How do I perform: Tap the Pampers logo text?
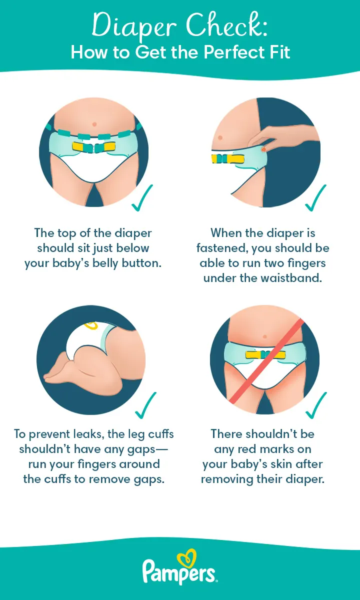click(179, 571)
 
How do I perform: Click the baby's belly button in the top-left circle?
click(93, 123)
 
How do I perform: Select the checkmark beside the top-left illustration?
click(142, 198)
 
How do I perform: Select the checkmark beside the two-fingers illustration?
click(315, 198)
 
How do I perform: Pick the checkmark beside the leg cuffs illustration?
click(145, 405)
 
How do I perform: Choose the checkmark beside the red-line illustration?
click(315, 405)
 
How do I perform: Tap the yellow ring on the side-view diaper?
click(90, 326)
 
